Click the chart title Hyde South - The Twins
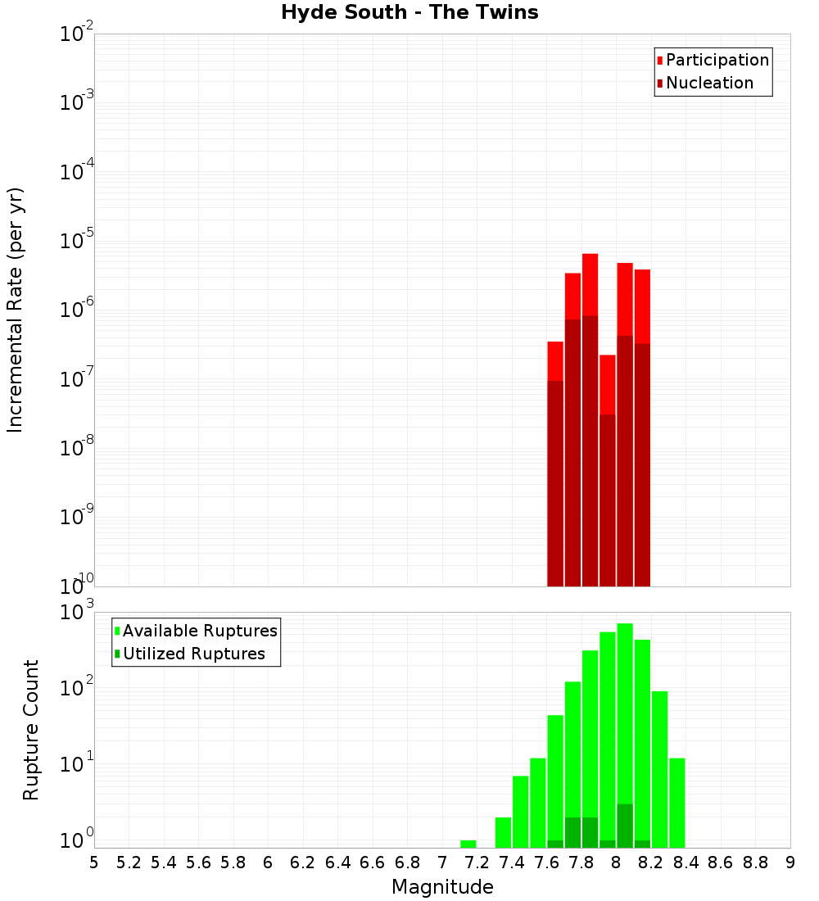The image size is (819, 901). [x=409, y=12]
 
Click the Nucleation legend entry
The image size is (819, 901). [x=709, y=83]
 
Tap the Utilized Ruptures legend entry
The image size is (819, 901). [x=193, y=654]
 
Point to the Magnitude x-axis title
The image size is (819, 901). [x=442, y=887]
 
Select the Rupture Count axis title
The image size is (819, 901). [x=31, y=730]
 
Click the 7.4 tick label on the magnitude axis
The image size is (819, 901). [x=512, y=862]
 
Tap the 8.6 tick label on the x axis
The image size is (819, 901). [x=721, y=862]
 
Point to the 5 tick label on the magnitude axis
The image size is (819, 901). [x=94, y=862]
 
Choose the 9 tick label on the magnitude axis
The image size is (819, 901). [x=790, y=862]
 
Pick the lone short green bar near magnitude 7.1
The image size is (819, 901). [x=468, y=844]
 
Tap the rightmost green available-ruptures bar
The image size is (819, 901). [x=677, y=803]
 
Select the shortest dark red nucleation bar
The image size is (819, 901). [x=608, y=500]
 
